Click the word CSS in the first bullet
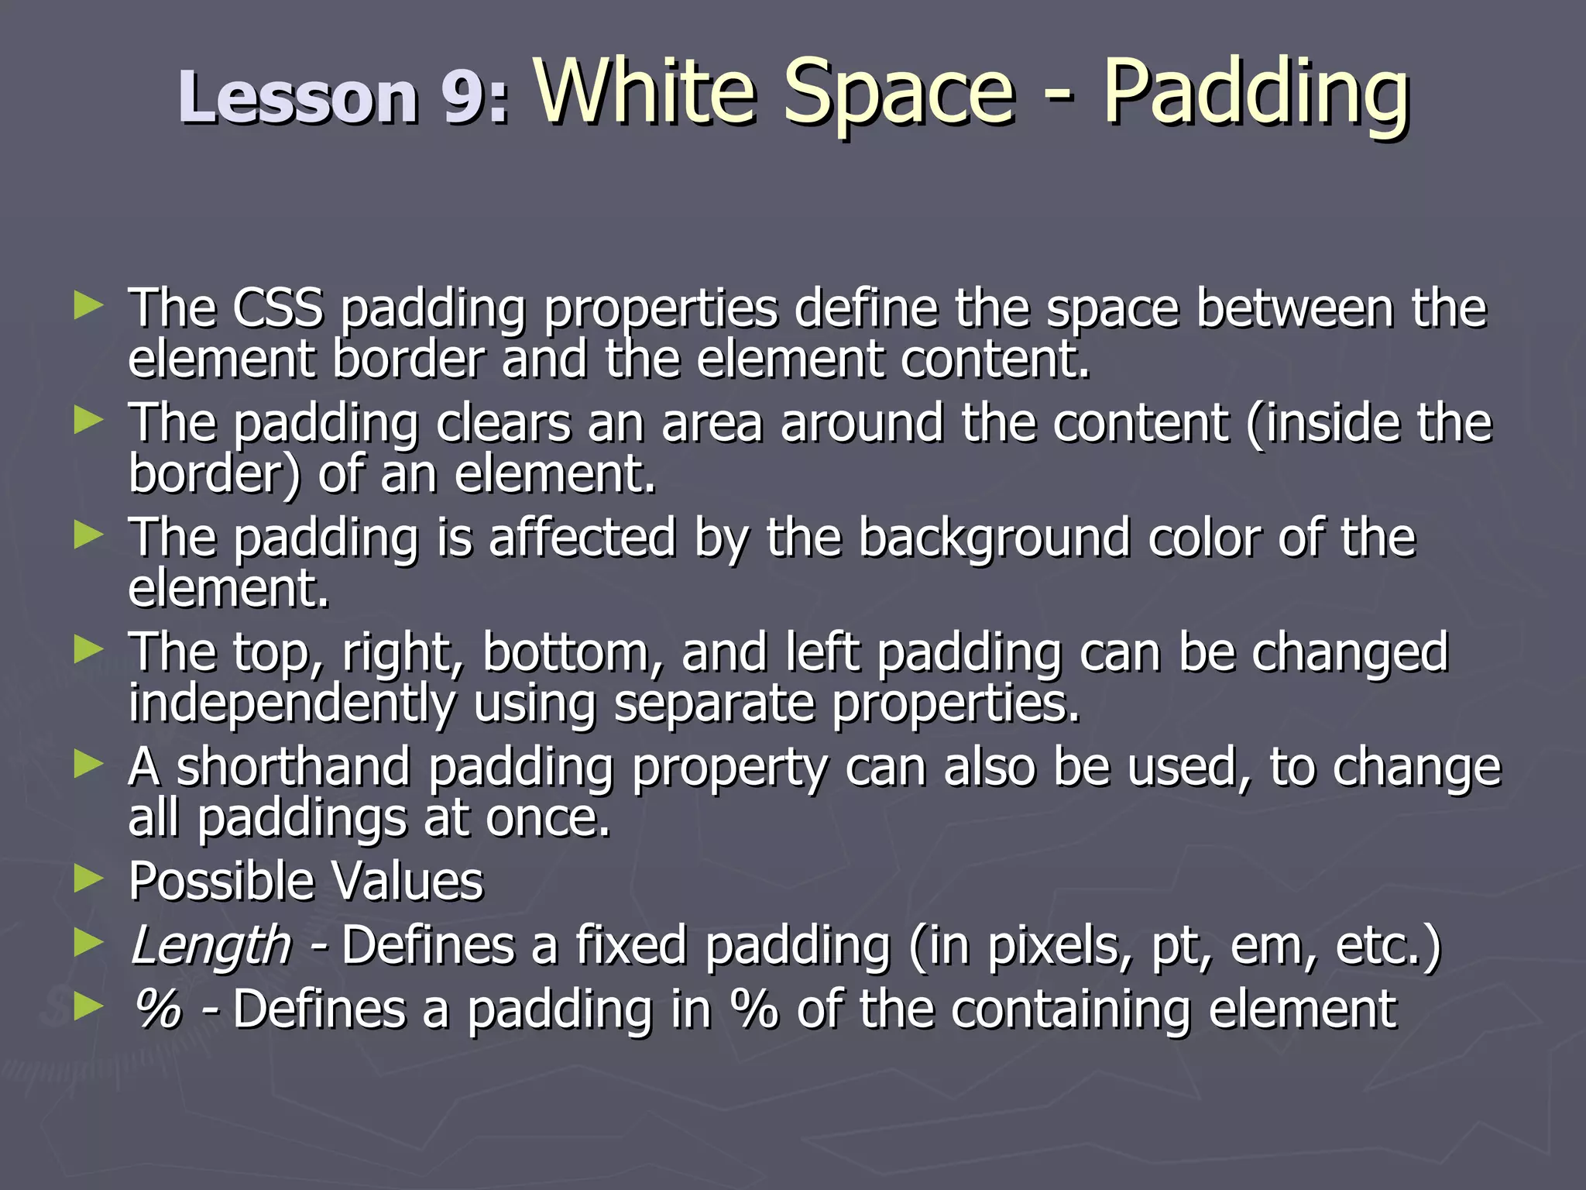[278, 308]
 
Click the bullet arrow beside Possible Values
[88, 879]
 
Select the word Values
[407, 881]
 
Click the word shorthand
[294, 767]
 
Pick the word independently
[293, 703]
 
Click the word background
[994, 537]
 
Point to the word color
[1205, 537]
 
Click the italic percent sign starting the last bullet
[158, 1009]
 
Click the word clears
[503, 422]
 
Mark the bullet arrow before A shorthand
[88, 765]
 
